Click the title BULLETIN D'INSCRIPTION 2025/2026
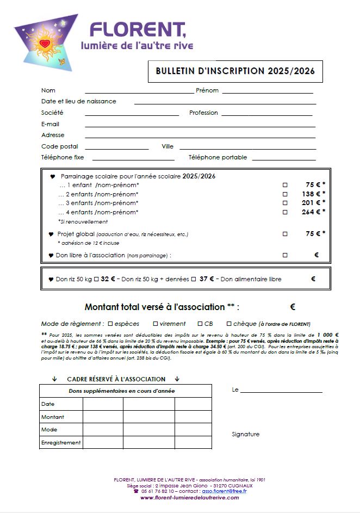(235, 71)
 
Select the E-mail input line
(200, 126)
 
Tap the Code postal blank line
(116, 148)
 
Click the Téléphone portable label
(218, 157)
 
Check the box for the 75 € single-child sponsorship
(284, 186)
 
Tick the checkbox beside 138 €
(284, 194)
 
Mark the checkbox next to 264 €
(284, 212)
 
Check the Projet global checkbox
(284, 234)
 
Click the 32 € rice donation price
(108, 279)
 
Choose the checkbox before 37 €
(193, 279)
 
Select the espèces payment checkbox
(110, 324)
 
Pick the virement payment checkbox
(156, 324)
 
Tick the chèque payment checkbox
(229, 324)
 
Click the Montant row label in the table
(53, 417)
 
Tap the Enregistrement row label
(61, 442)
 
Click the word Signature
(245, 434)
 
